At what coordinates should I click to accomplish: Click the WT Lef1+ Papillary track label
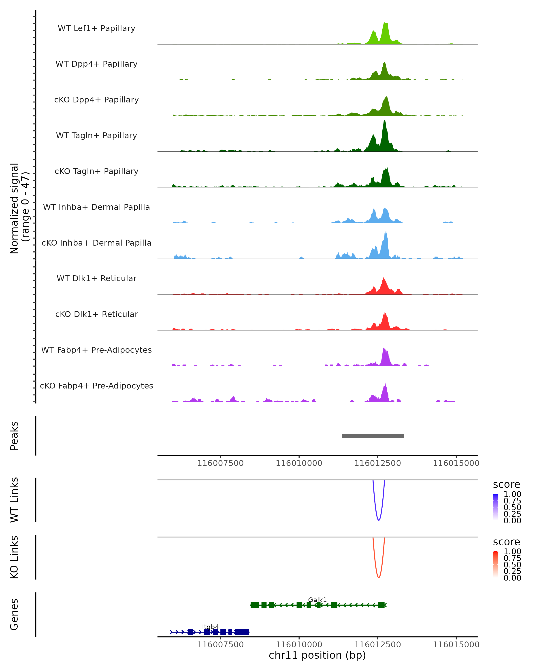(x=96, y=28)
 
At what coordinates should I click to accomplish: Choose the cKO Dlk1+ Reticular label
(x=96, y=314)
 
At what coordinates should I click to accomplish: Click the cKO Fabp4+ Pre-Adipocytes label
(x=96, y=386)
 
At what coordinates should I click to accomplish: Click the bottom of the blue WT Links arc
(x=379, y=520)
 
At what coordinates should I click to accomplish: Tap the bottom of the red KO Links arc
(x=379, y=577)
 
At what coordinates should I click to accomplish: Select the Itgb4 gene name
(x=211, y=627)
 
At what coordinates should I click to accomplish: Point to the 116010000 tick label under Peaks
(x=299, y=463)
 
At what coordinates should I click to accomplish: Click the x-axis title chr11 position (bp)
(x=317, y=655)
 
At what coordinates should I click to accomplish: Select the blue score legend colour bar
(x=496, y=507)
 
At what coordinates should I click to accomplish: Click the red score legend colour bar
(x=496, y=564)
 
